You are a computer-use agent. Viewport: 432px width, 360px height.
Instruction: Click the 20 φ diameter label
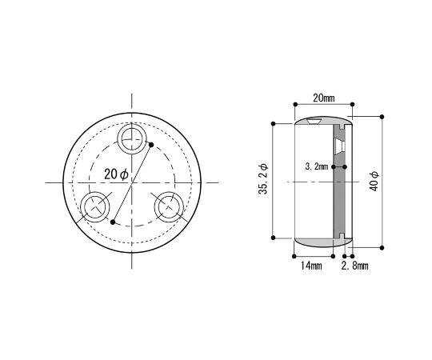(116, 174)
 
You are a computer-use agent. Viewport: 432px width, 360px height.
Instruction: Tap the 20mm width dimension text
(324, 98)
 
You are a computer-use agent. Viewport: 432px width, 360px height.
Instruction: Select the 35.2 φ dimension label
(263, 179)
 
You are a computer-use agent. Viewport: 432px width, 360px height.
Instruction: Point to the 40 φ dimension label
(374, 182)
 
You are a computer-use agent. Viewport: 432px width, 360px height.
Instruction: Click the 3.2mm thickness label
(317, 166)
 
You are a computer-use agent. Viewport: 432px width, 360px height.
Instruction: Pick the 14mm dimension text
(311, 266)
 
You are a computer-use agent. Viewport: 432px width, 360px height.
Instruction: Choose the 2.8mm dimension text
(354, 266)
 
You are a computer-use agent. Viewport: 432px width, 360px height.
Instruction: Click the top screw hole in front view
(132, 138)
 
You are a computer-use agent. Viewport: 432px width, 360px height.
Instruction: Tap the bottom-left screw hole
(95, 207)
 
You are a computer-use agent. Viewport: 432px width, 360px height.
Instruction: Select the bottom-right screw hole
(169, 207)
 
